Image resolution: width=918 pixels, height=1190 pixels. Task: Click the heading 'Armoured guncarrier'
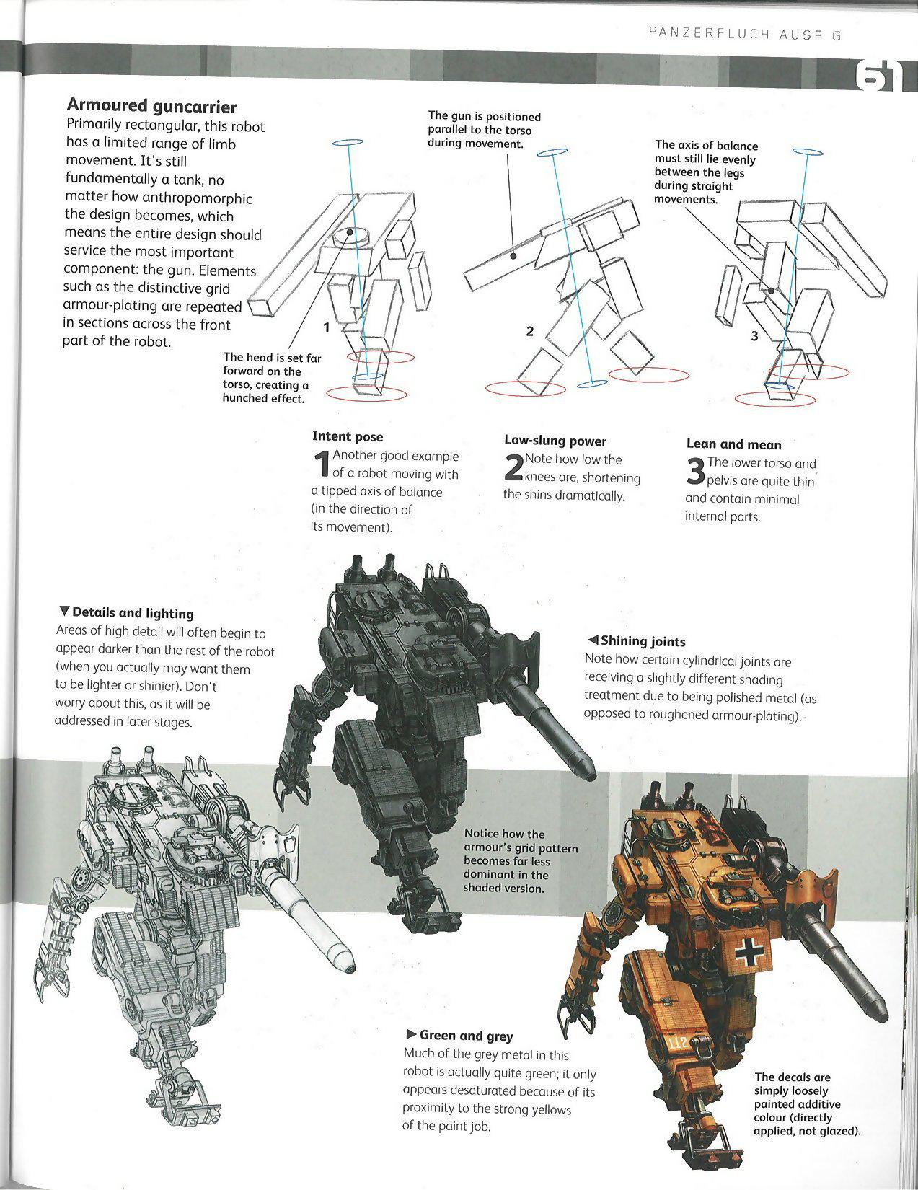pyautogui.click(x=151, y=107)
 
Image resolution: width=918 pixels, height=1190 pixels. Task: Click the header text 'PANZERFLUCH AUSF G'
pyautogui.click(x=745, y=34)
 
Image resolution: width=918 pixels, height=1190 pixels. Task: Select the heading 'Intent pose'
pyautogui.click(x=348, y=436)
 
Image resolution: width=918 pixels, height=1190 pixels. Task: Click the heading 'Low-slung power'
pyautogui.click(x=555, y=441)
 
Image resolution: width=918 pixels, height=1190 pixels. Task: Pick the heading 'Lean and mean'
pyautogui.click(x=733, y=444)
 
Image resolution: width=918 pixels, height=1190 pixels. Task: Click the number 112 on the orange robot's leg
pyautogui.click(x=679, y=1043)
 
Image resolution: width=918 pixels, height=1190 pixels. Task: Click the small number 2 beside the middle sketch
pyautogui.click(x=530, y=331)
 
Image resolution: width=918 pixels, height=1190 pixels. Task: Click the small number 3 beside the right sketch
pyautogui.click(x=754, y=335)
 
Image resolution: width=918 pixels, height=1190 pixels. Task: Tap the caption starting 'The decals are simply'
pyautogui.click(x=807, y=1103)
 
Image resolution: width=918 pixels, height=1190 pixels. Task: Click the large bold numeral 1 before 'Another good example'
pyautogui.click(x=322, y=465)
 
